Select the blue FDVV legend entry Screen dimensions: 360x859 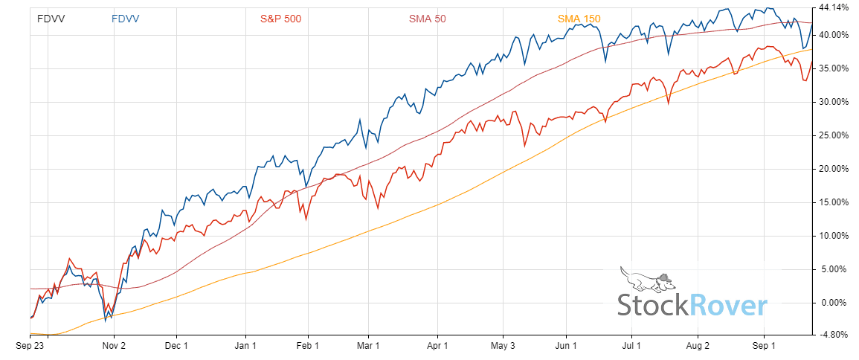pyautogui.click(x=126, y=19)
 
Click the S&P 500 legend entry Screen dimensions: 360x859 pyautogui.click(x=280, y=19)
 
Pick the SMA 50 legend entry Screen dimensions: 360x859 pyautogui.click(x=427, y=19)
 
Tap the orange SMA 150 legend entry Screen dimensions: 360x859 pyautogui.click(x=576, y=19)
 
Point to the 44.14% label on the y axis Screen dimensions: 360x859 pyautogui.click(x=833, y=8)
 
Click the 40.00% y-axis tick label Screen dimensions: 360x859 pyautogui.click(x=833, y=35)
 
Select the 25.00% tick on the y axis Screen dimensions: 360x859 pyautogui.click(x=833, y=135)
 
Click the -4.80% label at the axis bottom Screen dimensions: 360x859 pyautogui.click(x=834, y=335)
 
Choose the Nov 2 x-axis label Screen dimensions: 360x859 pyautogui.click(x=113, y=346)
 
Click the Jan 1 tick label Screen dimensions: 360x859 pyautogui.click(x=245, y=346)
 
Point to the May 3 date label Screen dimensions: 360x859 pyautogui.click(x=503, y=346)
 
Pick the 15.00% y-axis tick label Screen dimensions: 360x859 pyautogui.click(x=833, y=202)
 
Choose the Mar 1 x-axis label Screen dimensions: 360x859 pyautogui.click(x=368, y=346)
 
